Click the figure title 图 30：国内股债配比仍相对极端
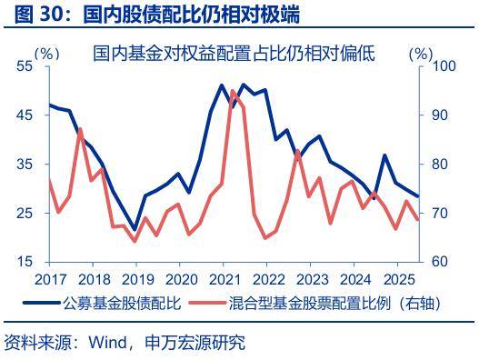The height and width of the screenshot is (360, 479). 152,14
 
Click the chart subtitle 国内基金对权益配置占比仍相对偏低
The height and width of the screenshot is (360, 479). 234,55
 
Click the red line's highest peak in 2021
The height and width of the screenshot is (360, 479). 233,91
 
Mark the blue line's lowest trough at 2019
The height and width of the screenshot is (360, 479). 135,230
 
